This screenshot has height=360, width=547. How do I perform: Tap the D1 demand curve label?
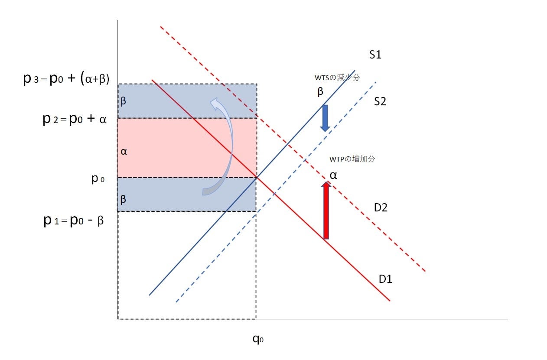(x=385, y=279)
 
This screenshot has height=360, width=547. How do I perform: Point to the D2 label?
(x=381, y=207)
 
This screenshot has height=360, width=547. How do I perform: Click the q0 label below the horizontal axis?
(x=258, y=338)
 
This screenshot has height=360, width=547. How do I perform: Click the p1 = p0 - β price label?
(x=73, y=221)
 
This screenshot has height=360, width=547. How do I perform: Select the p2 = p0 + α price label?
(x=74, y=119)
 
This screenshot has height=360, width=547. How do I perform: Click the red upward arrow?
(x=326, y=210)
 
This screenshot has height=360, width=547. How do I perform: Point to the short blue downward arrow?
(x=325, y=118)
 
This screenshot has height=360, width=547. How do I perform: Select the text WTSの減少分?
(x=338, y=78)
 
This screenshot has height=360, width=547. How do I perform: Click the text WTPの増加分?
(x=351, y=159)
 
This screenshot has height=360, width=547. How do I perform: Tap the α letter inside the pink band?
(x=124, y=152)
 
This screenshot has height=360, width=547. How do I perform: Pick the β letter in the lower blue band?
(x=124, y=200)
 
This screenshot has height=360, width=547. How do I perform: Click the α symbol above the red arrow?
(x=333, y=175)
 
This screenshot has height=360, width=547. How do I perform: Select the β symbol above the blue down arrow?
(x=320, y=91)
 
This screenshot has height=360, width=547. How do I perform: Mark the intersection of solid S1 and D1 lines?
(x=257, y=177)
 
